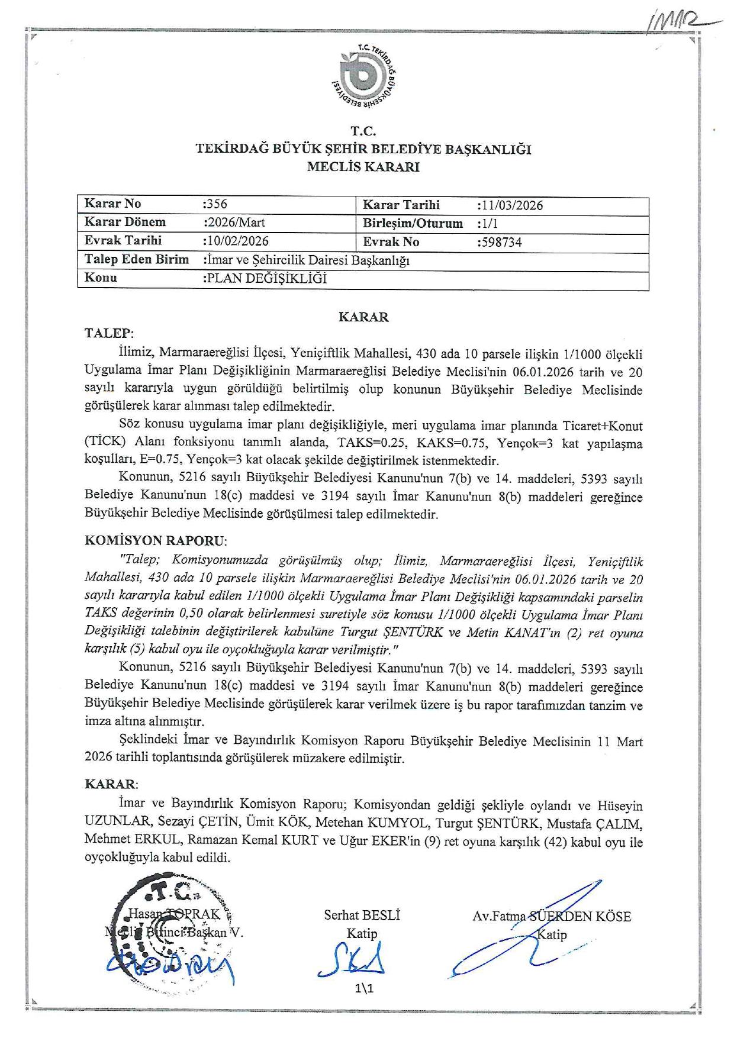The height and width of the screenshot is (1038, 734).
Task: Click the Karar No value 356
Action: (215, 204)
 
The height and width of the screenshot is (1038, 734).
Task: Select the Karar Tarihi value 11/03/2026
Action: (510, 205)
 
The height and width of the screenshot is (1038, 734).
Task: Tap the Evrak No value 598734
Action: (500, 242)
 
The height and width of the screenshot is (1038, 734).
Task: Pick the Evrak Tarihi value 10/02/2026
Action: (236, 241)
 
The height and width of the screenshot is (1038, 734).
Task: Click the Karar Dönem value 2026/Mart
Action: (234, 223)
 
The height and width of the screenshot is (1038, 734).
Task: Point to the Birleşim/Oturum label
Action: (413, 224)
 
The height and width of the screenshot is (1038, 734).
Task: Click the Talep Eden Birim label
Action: (137, 259)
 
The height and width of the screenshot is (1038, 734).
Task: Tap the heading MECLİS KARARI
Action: (363, 167)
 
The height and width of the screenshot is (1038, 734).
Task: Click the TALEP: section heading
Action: (110, 333)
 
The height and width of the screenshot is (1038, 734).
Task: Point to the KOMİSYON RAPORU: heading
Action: (156, 540)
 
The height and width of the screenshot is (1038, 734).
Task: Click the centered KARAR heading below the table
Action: (363, 317)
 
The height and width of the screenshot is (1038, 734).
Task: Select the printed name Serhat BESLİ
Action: (362, 915)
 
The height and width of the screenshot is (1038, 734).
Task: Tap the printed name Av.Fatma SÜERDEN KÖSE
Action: (552, 917)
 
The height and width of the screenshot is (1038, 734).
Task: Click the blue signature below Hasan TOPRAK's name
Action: (172, 967)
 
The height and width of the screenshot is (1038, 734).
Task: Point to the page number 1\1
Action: (364, 988)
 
